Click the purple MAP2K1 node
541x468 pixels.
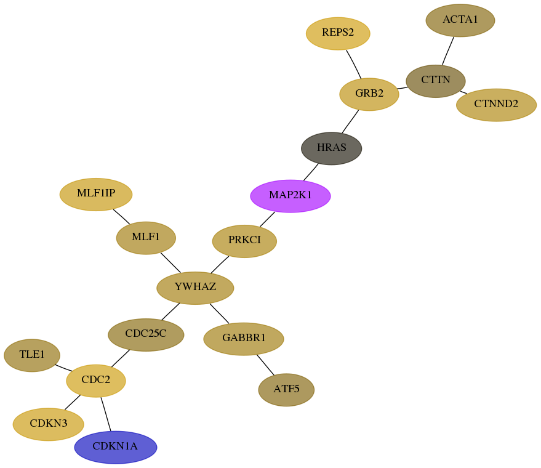click(291, 196)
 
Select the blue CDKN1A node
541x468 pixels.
click(116, 447)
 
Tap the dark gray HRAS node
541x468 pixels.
click(332, 148)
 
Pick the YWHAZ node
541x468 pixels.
click(195, 288)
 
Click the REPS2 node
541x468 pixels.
click(338, 33)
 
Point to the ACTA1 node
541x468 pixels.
click(460, 20)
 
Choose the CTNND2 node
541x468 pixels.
click(496, 105)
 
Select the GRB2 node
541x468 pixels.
click(369, 94)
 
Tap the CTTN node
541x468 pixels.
click(436, 81)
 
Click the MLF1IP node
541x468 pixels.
click(96, 195)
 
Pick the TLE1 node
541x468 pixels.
click(32, 355)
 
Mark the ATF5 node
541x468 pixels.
click(286, 390)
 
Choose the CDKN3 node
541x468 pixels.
click(48, 424)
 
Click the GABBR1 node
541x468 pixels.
click(244, 339)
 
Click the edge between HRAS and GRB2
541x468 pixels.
click(350, 121)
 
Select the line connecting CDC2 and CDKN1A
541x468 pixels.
click(106, 414)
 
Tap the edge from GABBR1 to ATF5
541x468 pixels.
click(265, 365)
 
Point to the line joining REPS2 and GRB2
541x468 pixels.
click(354, 64)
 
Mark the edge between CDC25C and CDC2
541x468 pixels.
click(121, 358)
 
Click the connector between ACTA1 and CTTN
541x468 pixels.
click(448, 50)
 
